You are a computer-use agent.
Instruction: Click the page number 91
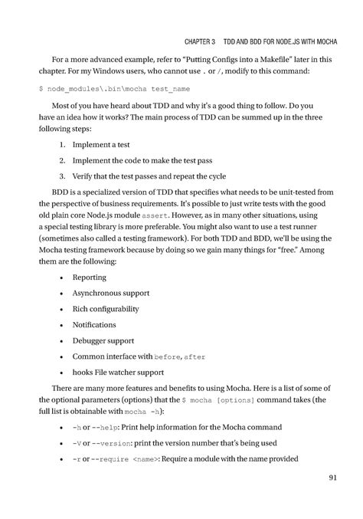(332, 479)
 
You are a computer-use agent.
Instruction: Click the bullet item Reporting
(90, 277)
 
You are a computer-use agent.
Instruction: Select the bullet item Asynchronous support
(111, 293)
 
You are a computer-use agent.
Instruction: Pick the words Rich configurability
(106, 309)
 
